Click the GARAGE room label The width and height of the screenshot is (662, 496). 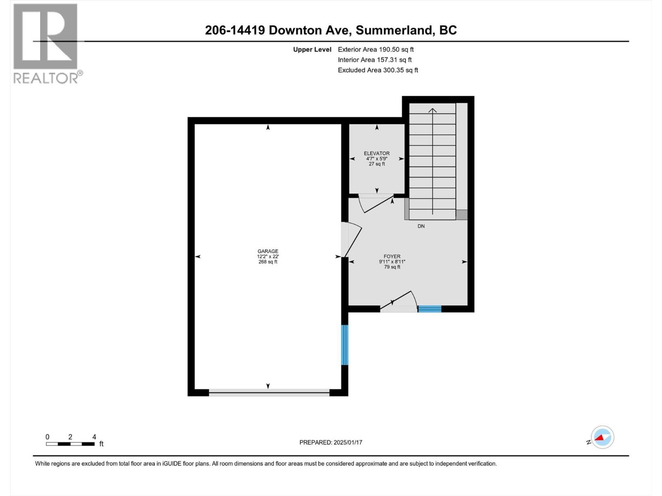[268, 251]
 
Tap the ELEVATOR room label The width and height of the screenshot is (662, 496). [377, 153]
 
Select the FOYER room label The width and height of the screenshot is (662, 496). [392, 256]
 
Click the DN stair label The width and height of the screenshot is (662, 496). [421, 226]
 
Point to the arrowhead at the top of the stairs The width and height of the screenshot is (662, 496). [432, 110]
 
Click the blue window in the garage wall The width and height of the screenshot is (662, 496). [345, 345]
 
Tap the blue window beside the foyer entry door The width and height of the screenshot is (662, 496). [429, 308]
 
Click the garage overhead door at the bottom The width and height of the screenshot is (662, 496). [269, 392]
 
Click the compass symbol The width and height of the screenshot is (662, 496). [602, 437]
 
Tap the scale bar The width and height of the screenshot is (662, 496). [70, 444]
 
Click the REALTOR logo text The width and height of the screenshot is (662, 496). [46, 78]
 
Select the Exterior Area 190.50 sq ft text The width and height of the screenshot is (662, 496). [376, 49]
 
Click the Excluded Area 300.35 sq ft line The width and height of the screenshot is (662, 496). [378, 70]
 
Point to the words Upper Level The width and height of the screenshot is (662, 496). [312, 49]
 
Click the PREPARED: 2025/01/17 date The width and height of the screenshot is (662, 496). [331, 442]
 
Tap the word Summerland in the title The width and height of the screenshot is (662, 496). [394, 30]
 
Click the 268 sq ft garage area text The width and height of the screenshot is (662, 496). [268, 262]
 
